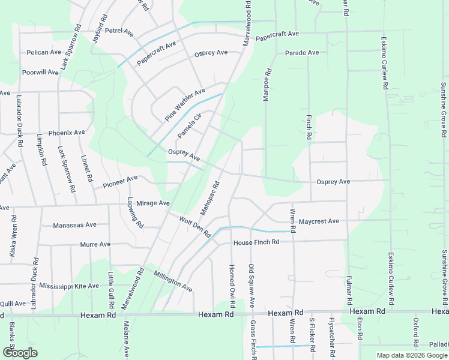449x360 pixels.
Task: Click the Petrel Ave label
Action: (x=119, y=30)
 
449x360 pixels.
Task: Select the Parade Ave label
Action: (x=302, y=53)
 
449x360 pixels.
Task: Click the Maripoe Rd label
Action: (x=268, y=85)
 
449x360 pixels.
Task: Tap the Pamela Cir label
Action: (x=188, y=124)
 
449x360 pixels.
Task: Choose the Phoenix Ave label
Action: (x=67, y=132)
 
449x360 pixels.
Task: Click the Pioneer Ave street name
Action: (x=120, y=179)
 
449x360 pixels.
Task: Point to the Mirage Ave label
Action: (x=153, y=203)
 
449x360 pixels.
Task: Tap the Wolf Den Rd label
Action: (x=194, y=226)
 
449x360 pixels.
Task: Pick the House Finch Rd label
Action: (x=257, y=242)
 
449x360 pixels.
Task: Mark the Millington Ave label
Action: (x=173, y=281)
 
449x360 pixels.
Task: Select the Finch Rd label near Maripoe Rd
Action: (x=309, y=127)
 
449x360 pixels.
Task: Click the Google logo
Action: (x=20, y=353)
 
